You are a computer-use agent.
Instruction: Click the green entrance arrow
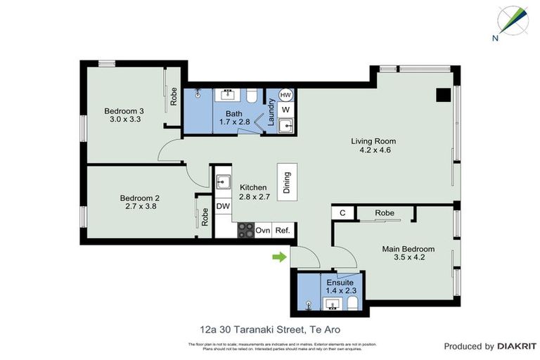point(280,257)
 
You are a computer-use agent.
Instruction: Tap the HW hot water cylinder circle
point(285,95)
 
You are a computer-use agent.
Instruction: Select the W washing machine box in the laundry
point(285,110)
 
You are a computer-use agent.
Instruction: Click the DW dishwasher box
point(223,206)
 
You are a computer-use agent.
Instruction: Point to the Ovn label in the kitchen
point(263,230)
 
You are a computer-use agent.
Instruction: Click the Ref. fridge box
point(283,230)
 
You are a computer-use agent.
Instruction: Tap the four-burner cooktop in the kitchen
point(245,230)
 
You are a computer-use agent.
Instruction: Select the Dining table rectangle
point(287,182)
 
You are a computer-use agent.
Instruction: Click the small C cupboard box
point(342,212)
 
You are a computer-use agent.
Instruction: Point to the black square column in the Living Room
point(442,95)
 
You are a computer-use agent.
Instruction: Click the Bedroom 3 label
point(124,111)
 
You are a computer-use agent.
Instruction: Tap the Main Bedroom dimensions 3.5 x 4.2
point(408,257)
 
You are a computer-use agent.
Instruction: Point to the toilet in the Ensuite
point(352,303)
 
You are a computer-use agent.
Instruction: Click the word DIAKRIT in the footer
point(517,346)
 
